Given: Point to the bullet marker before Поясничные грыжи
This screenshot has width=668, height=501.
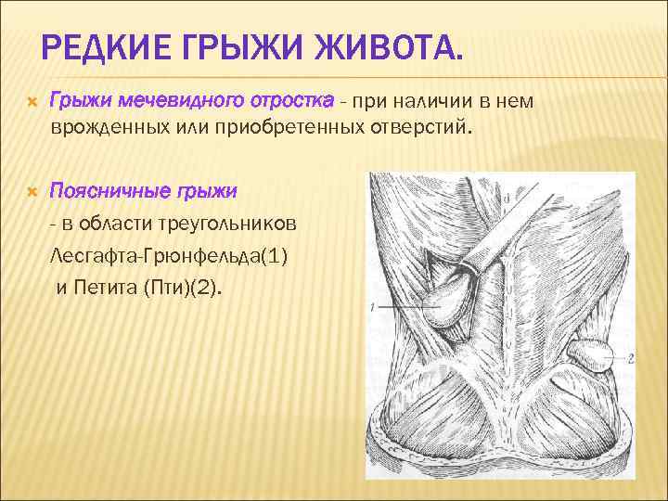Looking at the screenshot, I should click(31, 191).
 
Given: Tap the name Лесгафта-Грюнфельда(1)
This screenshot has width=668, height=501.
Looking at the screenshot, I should click(169, 255).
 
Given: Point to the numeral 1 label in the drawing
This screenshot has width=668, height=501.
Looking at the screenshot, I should click(371, 306).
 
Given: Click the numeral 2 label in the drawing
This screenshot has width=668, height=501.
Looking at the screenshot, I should click(630, 357).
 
